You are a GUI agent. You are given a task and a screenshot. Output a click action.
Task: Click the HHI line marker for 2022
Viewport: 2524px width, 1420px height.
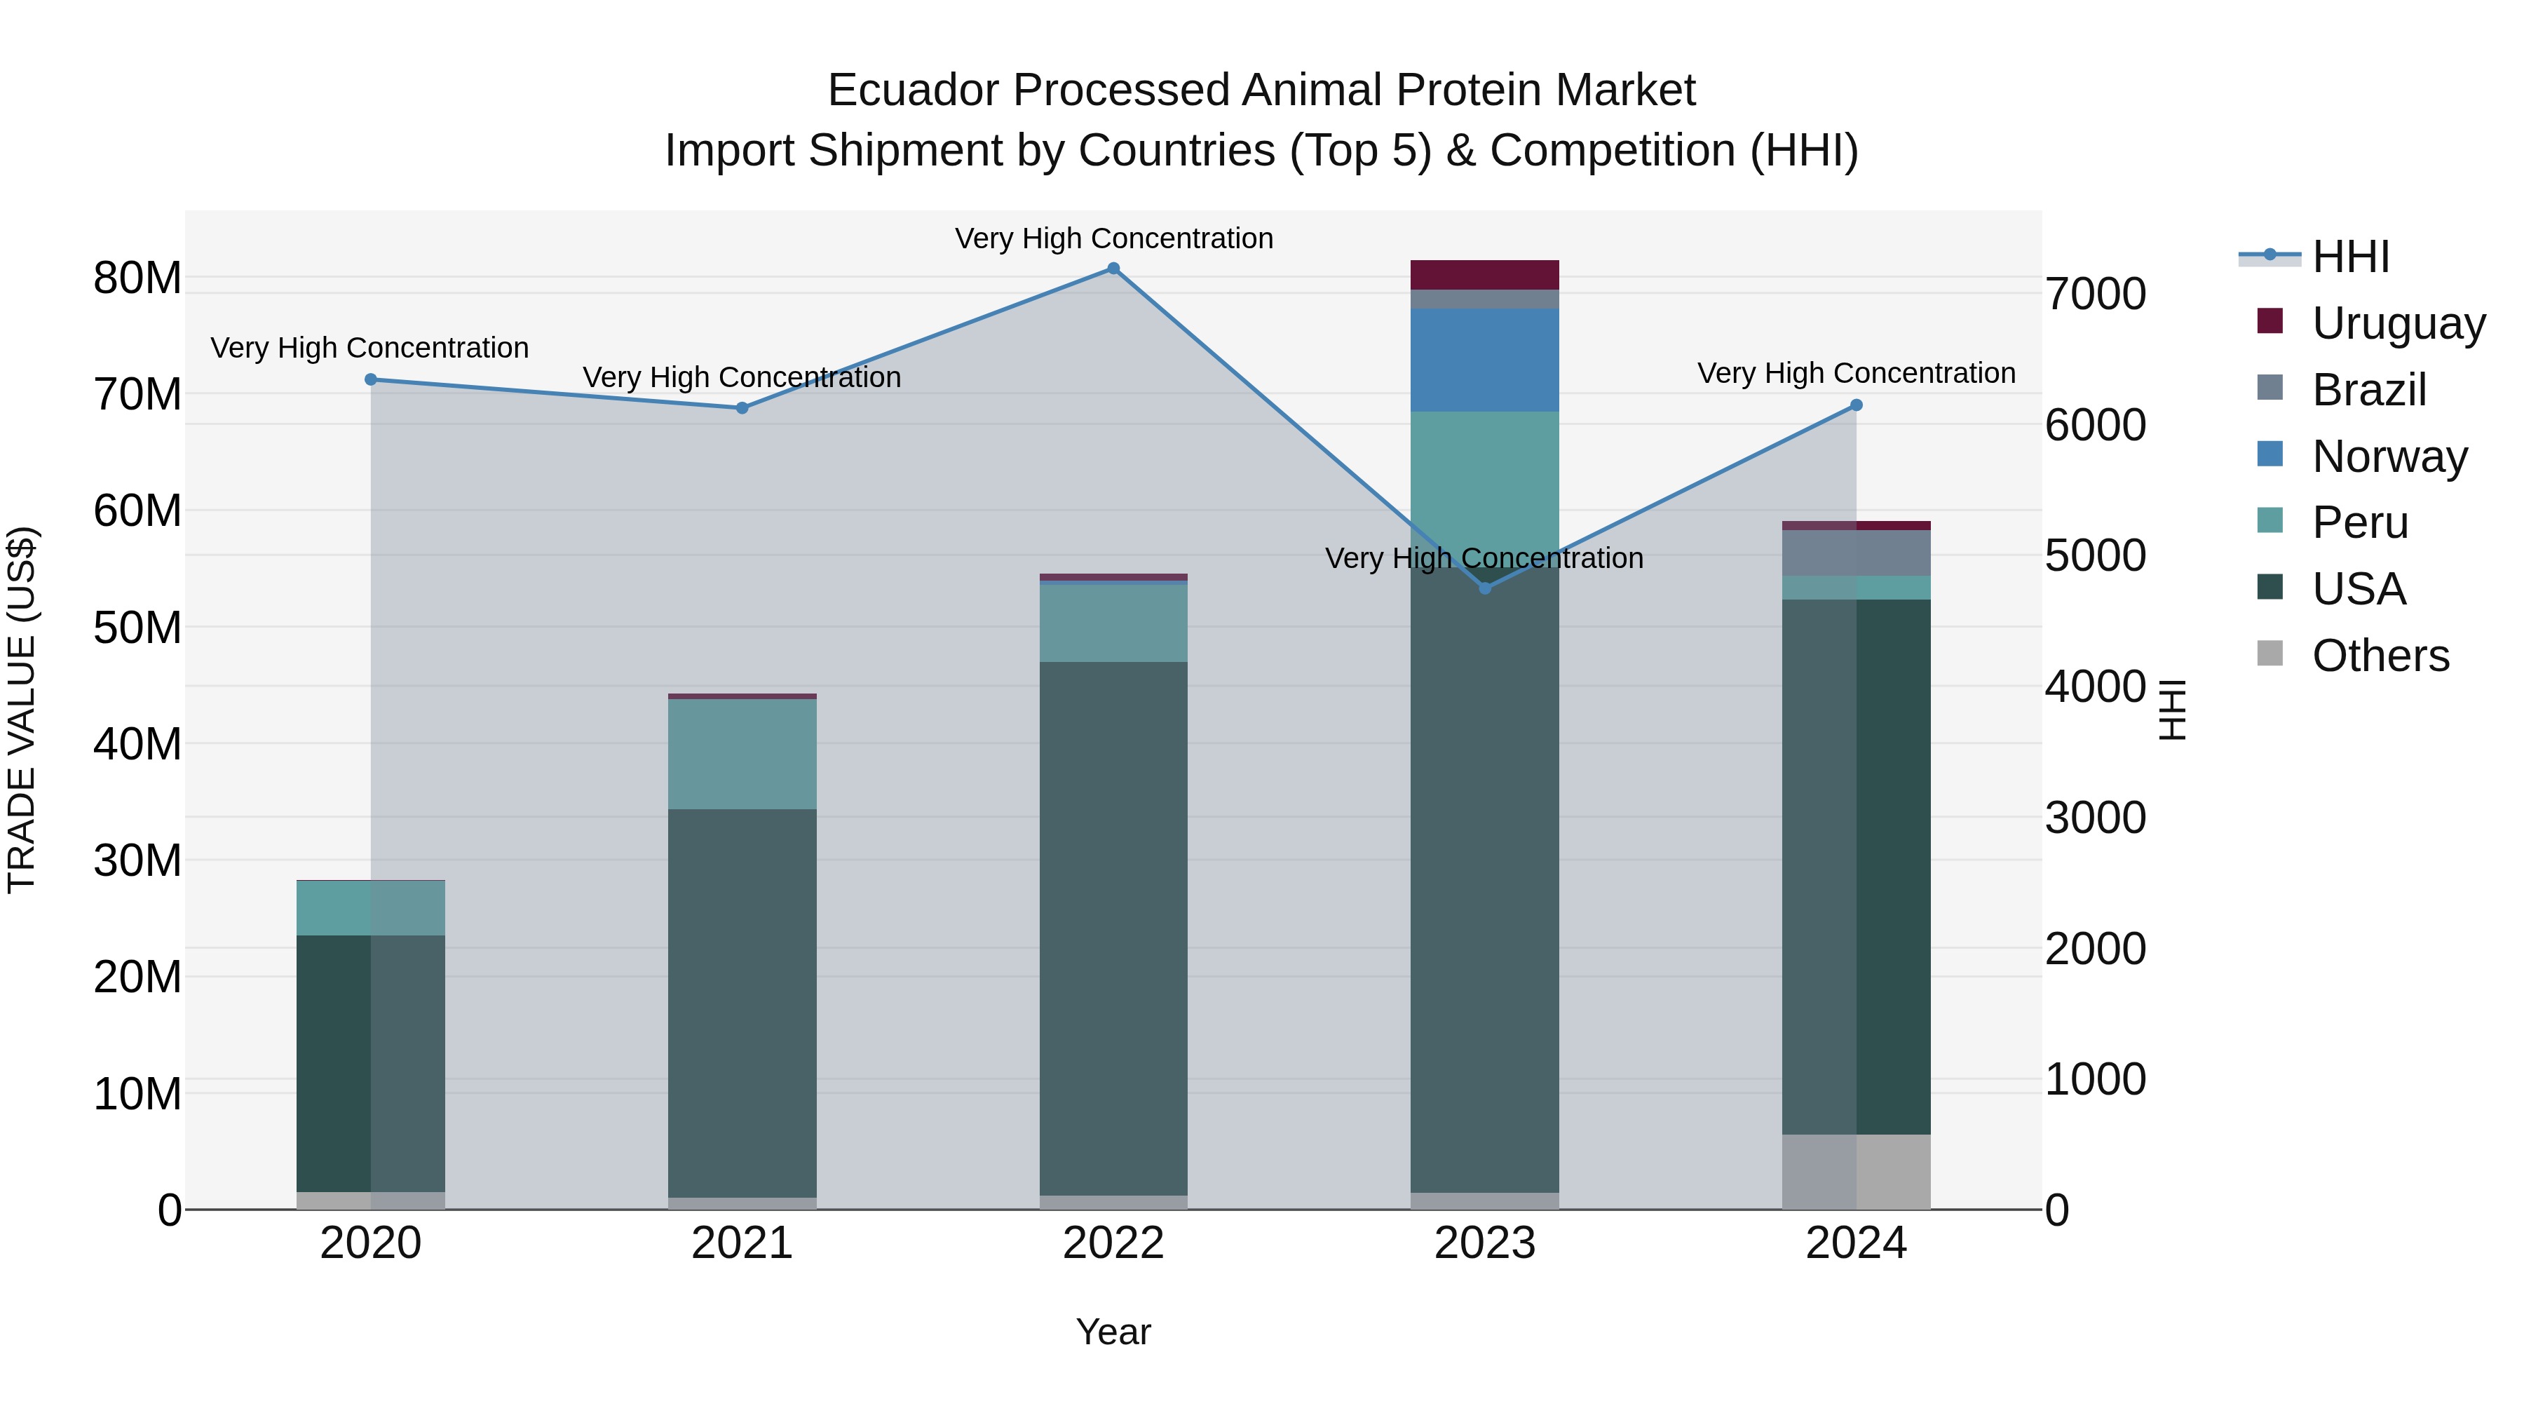point(1113,269)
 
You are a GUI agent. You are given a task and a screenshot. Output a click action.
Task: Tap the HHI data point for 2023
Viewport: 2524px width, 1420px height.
point(1484,588)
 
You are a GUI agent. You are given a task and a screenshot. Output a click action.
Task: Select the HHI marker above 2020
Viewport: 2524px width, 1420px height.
point(370,379)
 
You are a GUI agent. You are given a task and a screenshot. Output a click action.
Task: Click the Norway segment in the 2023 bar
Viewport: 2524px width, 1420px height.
point(1484,360)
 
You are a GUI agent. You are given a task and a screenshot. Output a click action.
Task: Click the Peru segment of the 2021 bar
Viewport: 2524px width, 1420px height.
point(742,754)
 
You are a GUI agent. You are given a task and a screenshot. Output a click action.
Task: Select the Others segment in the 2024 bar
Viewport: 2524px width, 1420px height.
point(1856,1171)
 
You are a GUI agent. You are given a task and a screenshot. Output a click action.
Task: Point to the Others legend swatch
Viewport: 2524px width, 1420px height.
point(2269,654)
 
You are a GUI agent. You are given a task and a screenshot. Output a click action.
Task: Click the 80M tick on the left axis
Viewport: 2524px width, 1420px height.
point(137,278)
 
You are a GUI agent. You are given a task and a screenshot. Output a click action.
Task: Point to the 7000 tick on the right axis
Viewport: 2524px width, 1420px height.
point(2096,294)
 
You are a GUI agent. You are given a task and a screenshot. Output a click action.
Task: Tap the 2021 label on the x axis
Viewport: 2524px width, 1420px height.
point(742,1243)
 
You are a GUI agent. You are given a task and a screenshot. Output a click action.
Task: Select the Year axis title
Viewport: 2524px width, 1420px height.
point(1113,1332)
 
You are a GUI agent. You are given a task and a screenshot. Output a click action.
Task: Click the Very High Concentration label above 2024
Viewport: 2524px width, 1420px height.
point(1856,373)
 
